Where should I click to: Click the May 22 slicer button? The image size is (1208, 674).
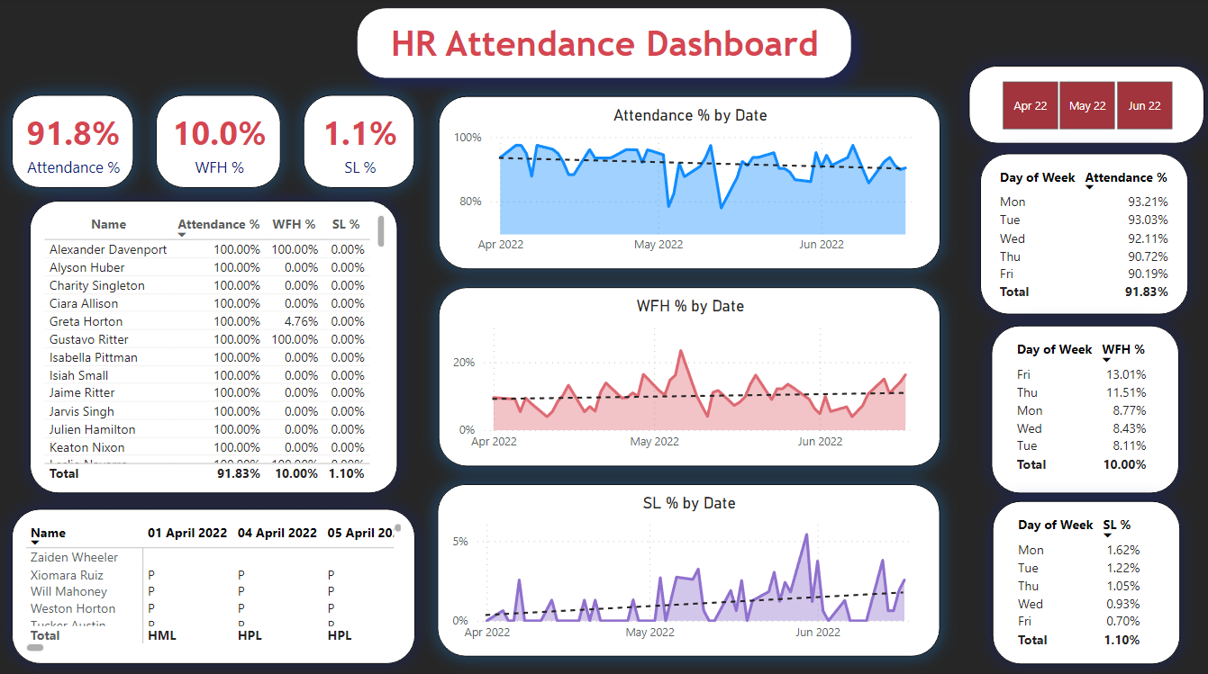coord(1087,105)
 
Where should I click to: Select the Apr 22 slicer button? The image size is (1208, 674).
coord(1031,105)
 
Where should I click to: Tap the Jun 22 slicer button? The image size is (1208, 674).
coord(1144,105)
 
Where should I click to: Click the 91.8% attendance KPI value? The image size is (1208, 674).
coord(73,134)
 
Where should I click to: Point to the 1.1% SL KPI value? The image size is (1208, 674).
coord(360,134)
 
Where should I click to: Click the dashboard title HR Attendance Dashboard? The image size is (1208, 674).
coord(604,43)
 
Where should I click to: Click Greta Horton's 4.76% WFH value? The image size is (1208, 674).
coord(301,321)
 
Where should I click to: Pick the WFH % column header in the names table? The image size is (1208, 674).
coord(294,224)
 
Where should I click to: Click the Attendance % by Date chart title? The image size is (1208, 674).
coord(690,115)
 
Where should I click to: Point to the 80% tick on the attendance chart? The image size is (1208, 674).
coord(470,201)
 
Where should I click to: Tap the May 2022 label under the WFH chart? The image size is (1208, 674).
coord(654,442)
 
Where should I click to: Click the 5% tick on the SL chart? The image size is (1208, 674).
coord(459,542)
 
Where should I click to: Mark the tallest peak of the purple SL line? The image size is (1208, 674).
coord(806,535)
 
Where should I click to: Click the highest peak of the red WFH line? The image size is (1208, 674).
coord(681,350)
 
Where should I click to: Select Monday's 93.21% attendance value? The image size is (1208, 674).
coord(1148,202)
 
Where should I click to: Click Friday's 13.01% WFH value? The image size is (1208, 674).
coord(1126,374)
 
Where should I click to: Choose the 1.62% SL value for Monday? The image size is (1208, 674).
coord(1123,550)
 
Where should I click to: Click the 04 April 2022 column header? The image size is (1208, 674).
coord(277,533)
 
